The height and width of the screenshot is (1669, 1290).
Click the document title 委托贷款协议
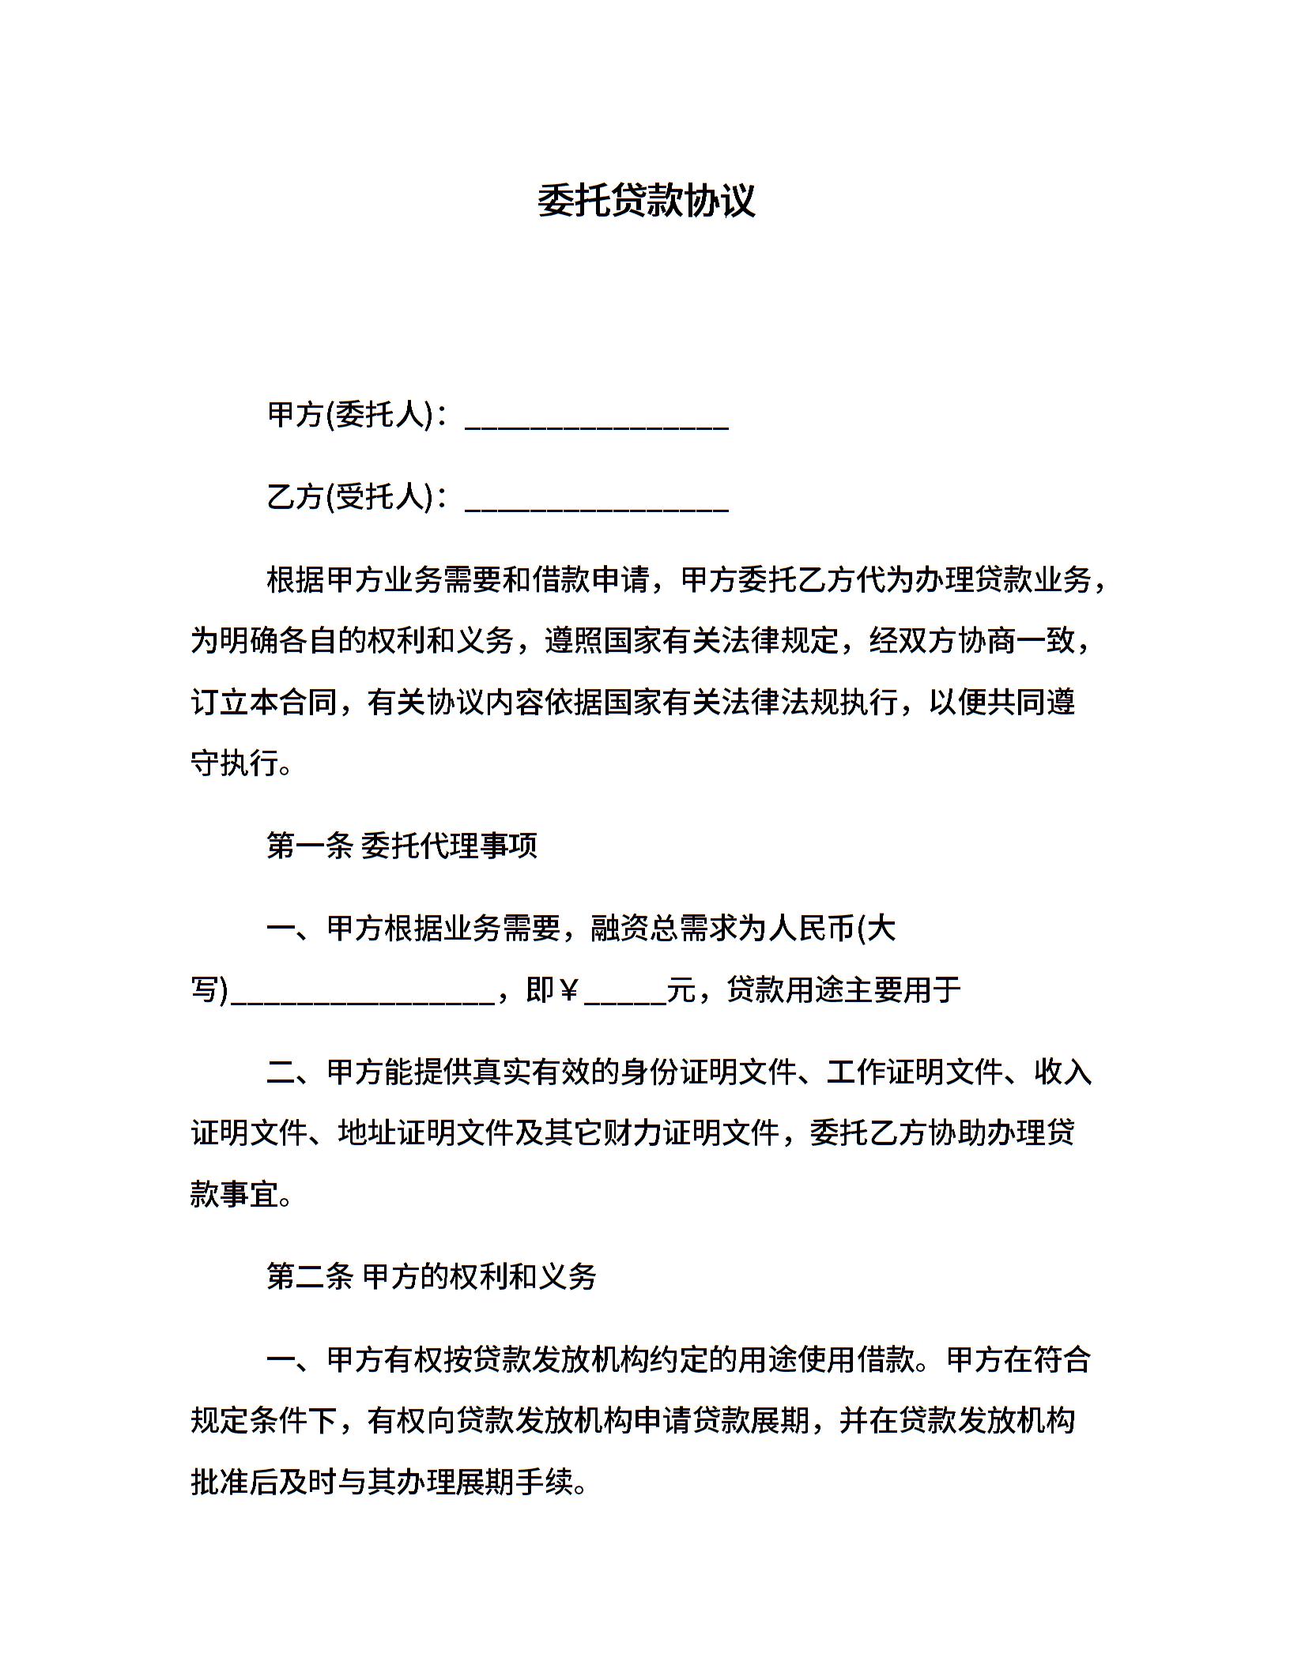[646, 201]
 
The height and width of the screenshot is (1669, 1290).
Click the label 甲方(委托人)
[350, 415]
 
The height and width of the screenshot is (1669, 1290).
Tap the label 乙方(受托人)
[350, 497]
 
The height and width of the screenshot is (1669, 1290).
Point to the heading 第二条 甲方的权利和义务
[431, 1276]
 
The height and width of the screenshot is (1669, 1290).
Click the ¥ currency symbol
[568, 989]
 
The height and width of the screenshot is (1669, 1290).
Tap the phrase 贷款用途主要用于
[843, 989]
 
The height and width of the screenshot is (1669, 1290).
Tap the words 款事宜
[235, 1194]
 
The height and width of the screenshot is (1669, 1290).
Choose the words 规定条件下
[265, 1421]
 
